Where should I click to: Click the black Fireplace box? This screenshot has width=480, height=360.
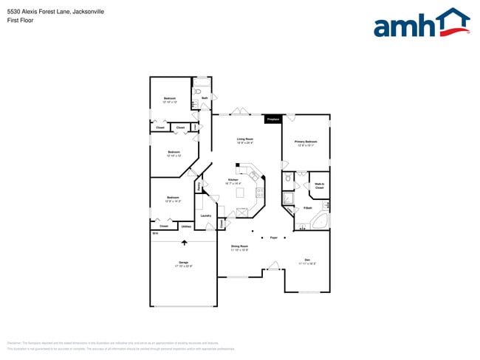(x=272, y=118)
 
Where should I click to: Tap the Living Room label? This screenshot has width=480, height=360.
(x=245, y=140)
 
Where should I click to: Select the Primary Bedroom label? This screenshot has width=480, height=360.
(x=306, y=142)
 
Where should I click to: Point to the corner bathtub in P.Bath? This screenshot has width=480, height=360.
(x=320, y=222)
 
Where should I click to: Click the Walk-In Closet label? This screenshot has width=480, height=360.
(x=320, y=186)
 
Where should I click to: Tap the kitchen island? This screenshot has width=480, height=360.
(x=240, y=193)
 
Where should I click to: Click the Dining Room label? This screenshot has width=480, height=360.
(x=239, y=247)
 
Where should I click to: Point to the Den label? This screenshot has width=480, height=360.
(x=306, y=260)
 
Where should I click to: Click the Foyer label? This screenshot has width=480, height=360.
(x=273, y=238)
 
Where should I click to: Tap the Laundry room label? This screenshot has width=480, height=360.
(x=206, y=215)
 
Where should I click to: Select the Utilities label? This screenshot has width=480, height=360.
(x=187, y=226)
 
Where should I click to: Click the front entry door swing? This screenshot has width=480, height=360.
(x=273, y=266)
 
